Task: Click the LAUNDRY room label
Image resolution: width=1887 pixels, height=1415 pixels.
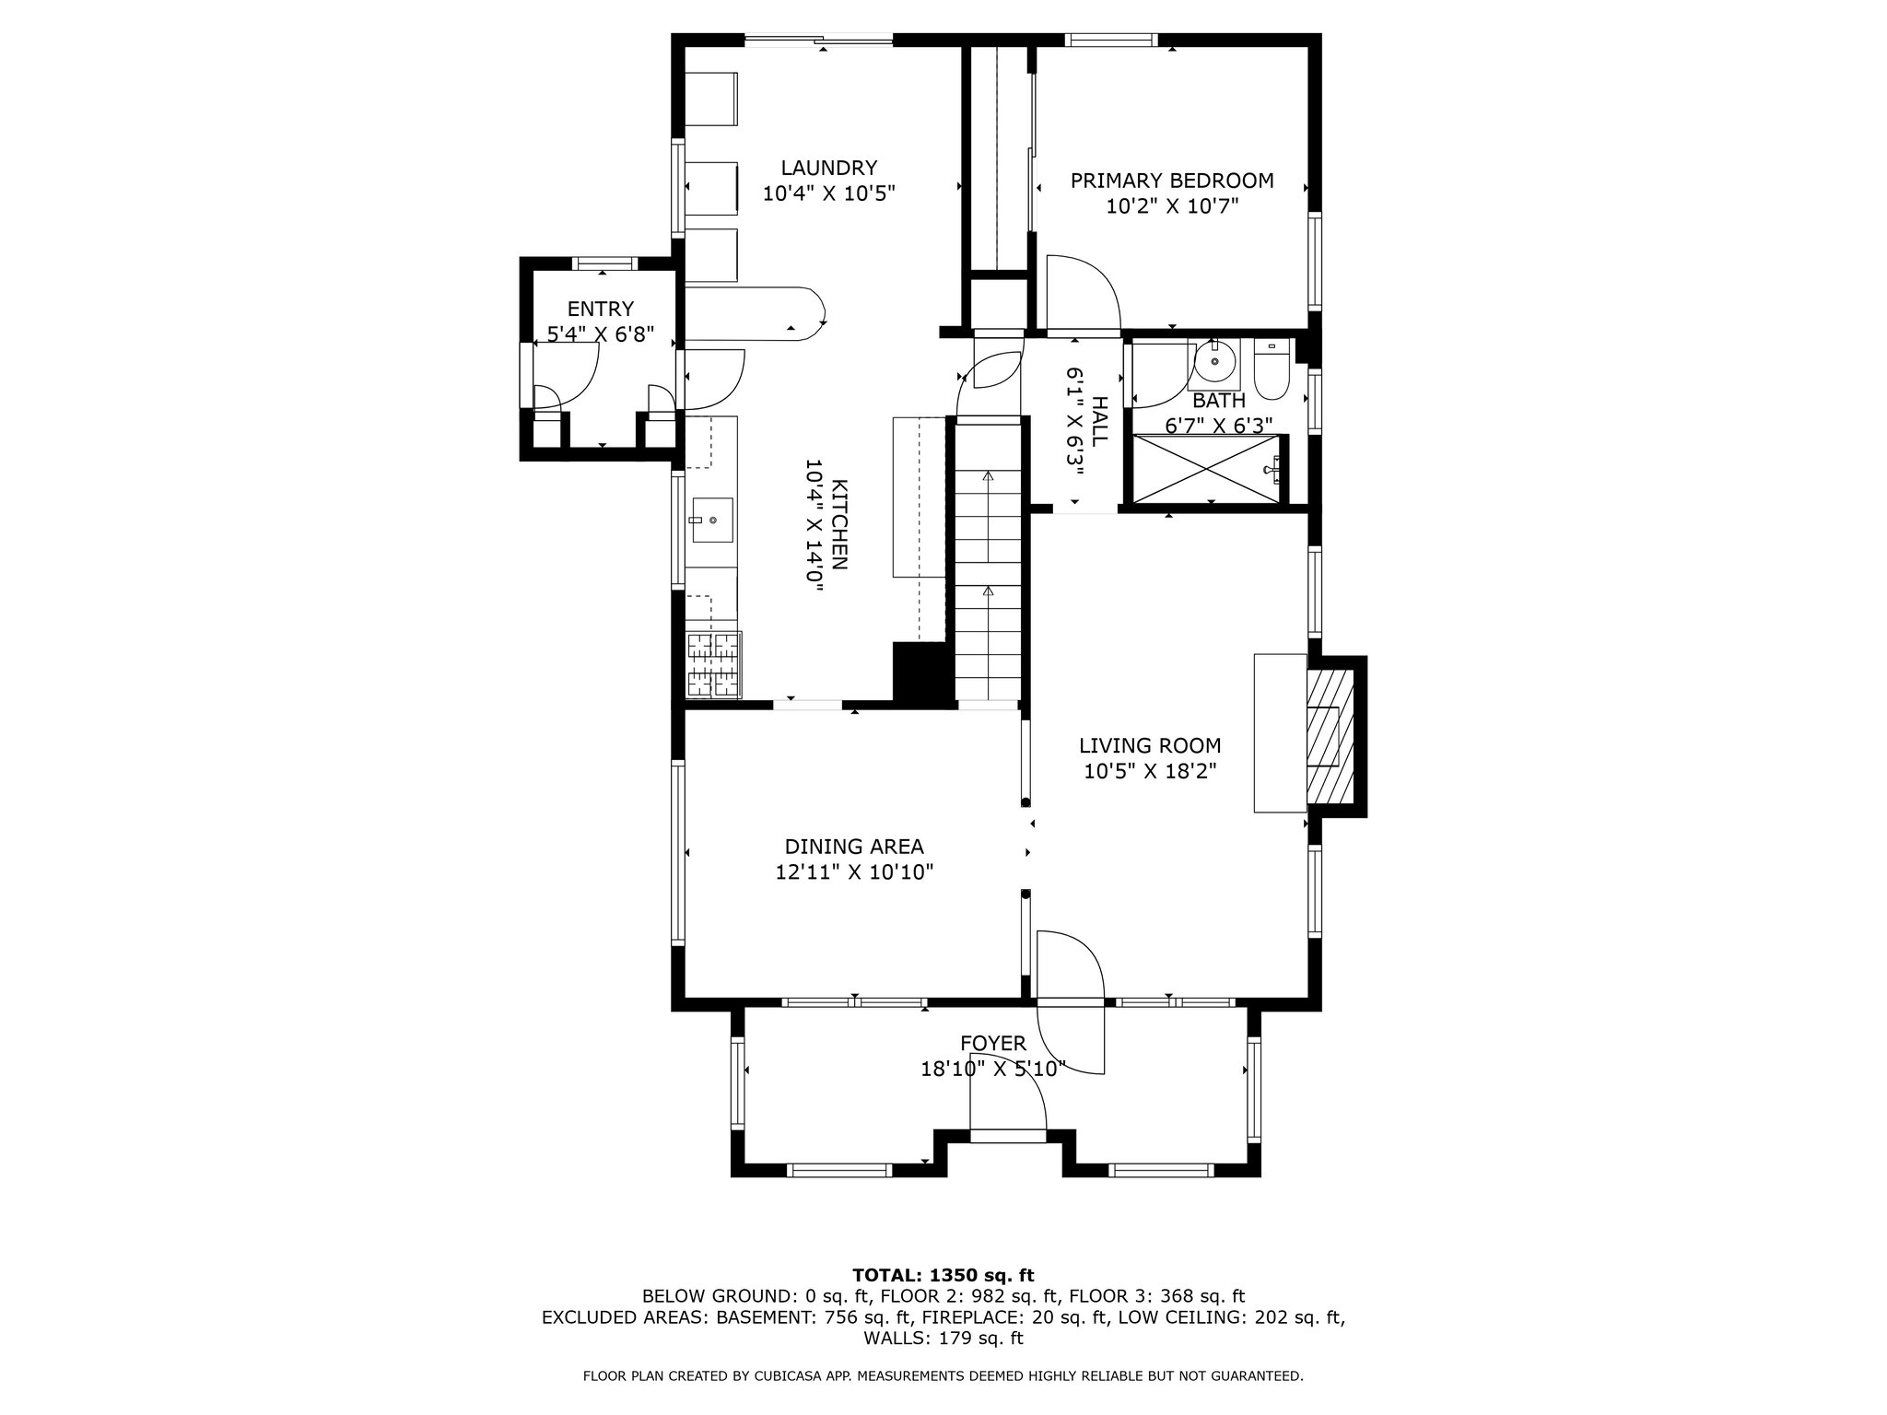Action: coord(829,168)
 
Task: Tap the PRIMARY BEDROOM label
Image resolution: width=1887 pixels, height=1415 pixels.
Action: coord(1172,181)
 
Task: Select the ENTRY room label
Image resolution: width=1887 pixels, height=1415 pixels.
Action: coord(601,310)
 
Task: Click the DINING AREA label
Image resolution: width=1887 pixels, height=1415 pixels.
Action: coord(854,847)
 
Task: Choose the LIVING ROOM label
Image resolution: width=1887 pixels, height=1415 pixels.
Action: coord(1150,745)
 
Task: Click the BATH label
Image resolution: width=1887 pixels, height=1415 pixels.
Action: coord(1219,401)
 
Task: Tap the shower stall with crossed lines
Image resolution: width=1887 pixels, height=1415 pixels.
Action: coord(1206,469)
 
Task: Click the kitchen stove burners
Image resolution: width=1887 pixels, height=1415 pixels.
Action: coord(713,664)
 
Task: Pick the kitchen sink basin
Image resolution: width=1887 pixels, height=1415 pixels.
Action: coord(713,520)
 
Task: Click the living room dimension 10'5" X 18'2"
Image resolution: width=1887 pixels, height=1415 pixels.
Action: coord(1150,771)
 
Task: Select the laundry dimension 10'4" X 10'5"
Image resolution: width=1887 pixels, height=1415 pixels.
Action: coord(829,193)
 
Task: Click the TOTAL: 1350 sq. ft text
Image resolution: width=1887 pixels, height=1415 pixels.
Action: coord(943,1276)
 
